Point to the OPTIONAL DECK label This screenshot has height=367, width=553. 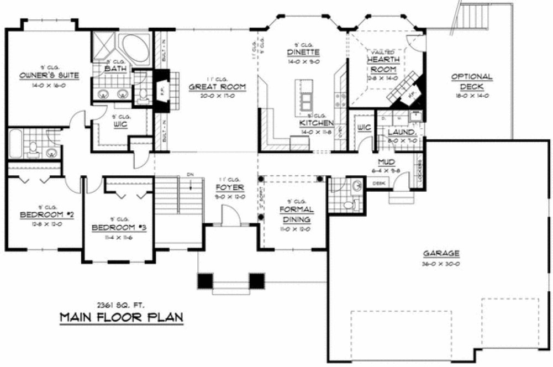(471, 81)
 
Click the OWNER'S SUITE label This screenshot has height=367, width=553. (49, 75)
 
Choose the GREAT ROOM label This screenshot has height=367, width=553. (217, 87)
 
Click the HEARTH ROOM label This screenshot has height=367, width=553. (382, 64)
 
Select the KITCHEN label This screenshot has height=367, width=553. (316, 123)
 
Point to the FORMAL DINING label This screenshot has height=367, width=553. (296, 214)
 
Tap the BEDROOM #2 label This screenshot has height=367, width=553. (40, 215)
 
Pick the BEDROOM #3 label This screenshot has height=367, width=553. (119, 227)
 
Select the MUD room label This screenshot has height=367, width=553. (385, 162)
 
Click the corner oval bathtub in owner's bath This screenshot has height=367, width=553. (135, 49)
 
